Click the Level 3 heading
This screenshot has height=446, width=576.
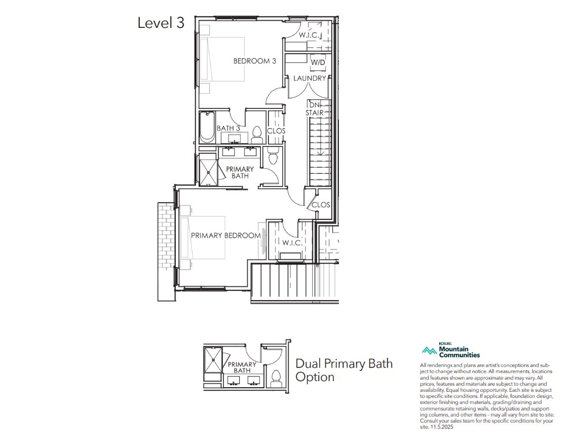pos(161,23)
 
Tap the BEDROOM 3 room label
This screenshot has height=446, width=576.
pos(255,61)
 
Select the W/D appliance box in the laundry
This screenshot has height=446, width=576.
pos(318,62)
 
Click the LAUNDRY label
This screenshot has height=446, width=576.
pos(310,78)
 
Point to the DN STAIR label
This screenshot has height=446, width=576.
pos(315,109)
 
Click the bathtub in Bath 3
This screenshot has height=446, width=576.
pos(207,127)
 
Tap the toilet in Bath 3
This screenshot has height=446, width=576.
pos(257,135)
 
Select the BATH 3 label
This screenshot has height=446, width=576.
pos(228,128)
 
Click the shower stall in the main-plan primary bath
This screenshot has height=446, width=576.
pos(208,169)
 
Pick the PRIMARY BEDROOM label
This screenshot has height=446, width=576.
pos(225,236)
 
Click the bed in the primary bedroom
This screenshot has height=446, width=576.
pos(203,237)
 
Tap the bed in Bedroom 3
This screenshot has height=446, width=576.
pos(222,59)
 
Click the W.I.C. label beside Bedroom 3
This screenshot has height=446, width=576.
pos(309,35)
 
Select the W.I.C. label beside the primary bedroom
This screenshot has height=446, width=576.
pos(292,243)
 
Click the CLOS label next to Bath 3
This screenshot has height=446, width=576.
pos(276,131)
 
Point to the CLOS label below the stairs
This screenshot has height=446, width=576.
pos(321,205)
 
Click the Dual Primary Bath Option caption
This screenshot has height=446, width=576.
pos(344,370)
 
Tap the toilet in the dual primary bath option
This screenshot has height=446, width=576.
pos(275,379)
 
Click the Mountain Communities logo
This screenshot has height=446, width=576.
pos(451,350)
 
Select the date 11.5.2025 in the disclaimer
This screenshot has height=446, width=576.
pos(443,427)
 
